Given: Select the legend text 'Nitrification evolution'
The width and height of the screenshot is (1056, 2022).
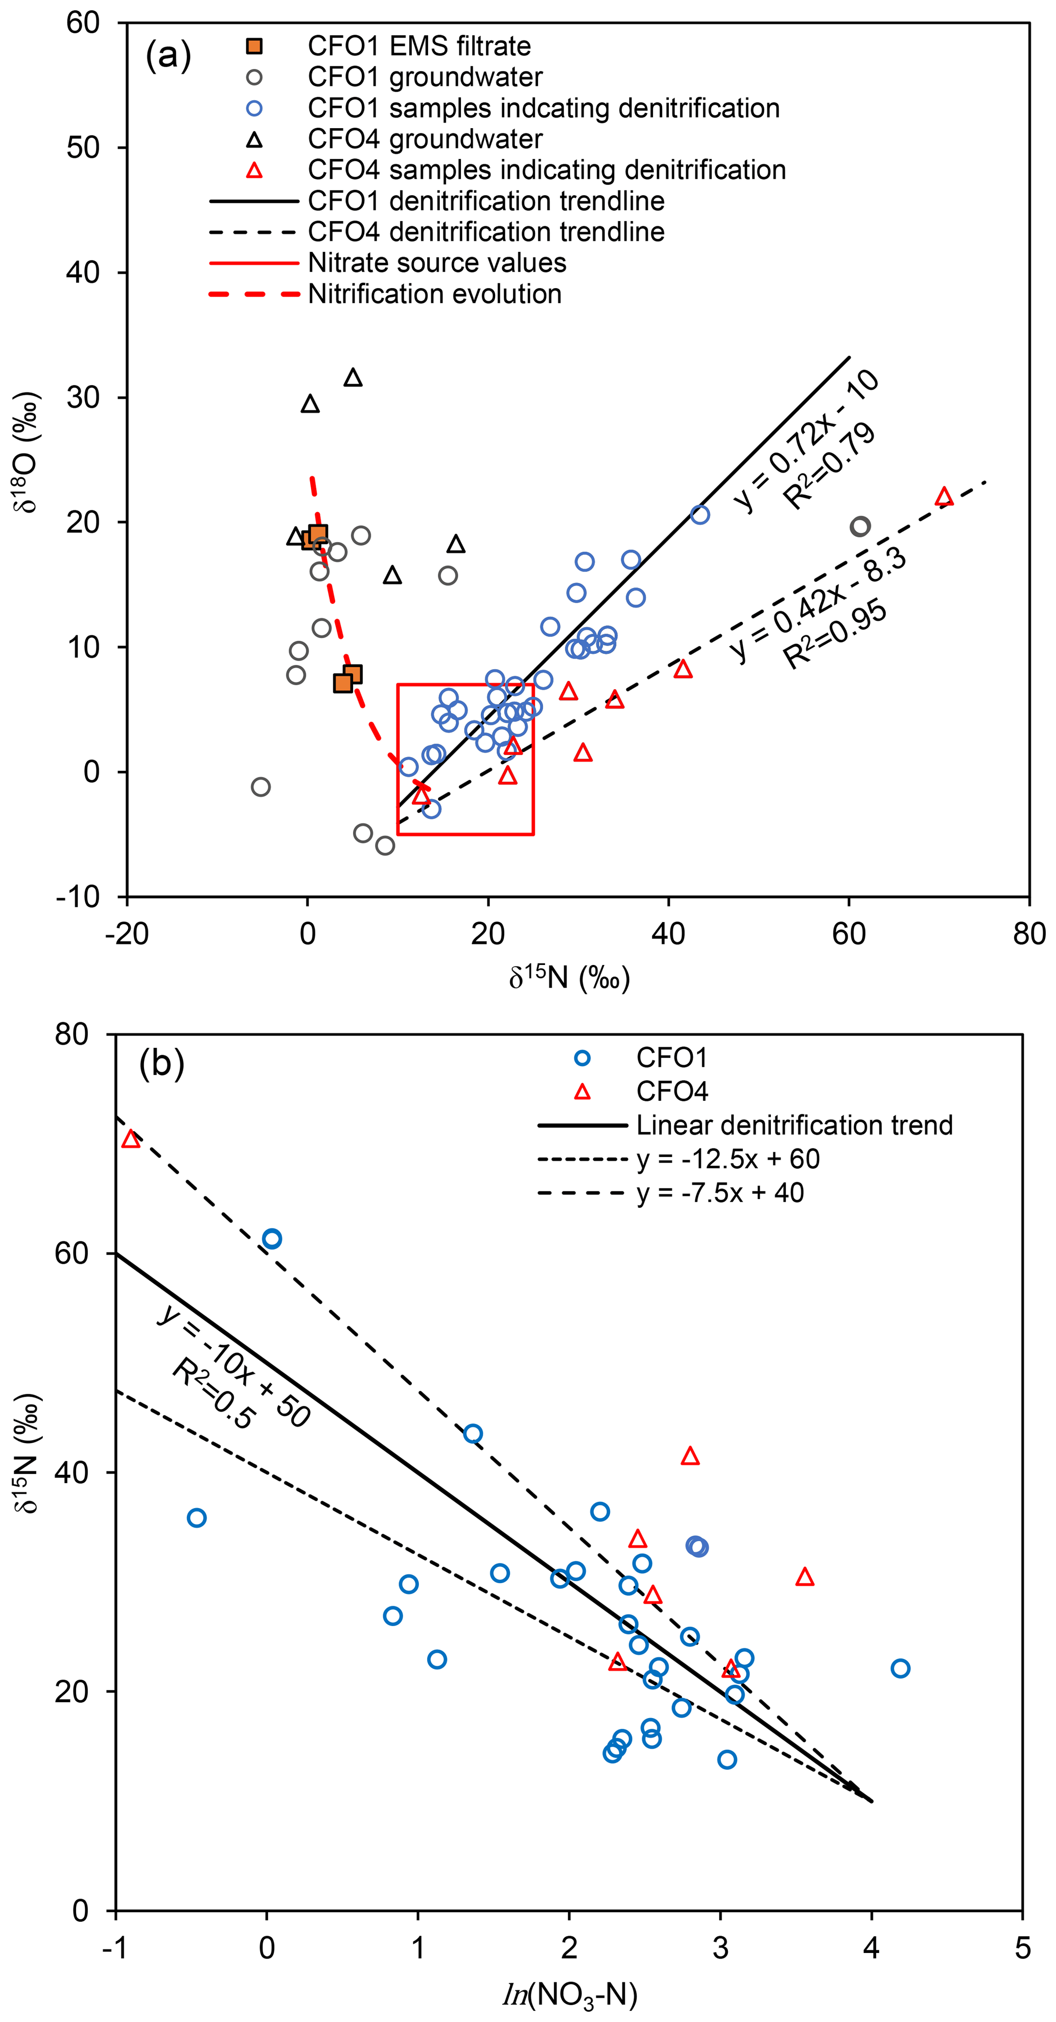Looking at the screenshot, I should (x=434, y=294).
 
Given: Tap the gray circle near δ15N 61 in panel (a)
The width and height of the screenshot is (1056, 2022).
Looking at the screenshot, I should (x=860, y=527).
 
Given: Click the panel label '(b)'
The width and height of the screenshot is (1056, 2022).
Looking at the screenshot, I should (x=162, y=1064).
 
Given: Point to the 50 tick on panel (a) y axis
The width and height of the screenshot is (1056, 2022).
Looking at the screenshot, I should (x=83, y=148).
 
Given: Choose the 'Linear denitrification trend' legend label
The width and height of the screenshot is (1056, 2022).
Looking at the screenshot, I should (x=794, y=1125).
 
